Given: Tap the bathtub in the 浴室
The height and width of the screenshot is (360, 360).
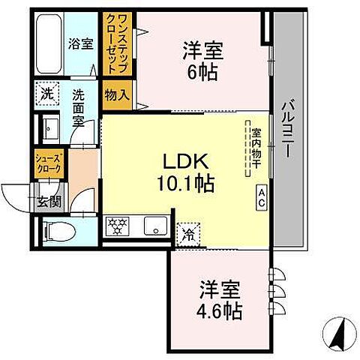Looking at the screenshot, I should click(x=48, y=42).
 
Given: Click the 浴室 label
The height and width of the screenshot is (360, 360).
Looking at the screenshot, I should click(x=80, y=44).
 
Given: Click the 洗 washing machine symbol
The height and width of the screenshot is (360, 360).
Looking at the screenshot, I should click(x=47, y=96).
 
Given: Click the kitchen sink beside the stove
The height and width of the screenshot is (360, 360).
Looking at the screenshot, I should click(x=155, y=225).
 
